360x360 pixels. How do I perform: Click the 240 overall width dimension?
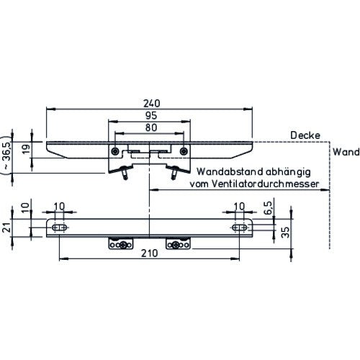point(151,104)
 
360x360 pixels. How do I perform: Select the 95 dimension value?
point(151,116)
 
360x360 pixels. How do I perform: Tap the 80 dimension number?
point(151,127)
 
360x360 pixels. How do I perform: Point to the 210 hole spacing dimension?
point(149,253)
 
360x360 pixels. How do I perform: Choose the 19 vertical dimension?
point(26,149)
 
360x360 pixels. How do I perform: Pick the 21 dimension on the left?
point(8,228)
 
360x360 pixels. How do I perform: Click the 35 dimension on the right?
point(285,233)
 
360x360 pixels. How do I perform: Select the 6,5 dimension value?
point(268,208)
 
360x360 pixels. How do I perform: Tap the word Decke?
point(305,135)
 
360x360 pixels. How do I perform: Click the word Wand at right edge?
point(346,152)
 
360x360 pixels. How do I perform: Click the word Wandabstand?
point(230,171)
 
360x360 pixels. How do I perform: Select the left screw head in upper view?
point(115,151)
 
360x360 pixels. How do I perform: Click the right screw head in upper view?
point(184,151)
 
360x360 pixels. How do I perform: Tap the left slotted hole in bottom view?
point(59,228)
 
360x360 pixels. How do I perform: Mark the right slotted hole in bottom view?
point(240,228)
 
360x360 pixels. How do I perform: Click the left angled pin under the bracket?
point(125,173)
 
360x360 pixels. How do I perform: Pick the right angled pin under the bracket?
point(174,173)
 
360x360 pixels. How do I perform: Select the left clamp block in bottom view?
point(121,243)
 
